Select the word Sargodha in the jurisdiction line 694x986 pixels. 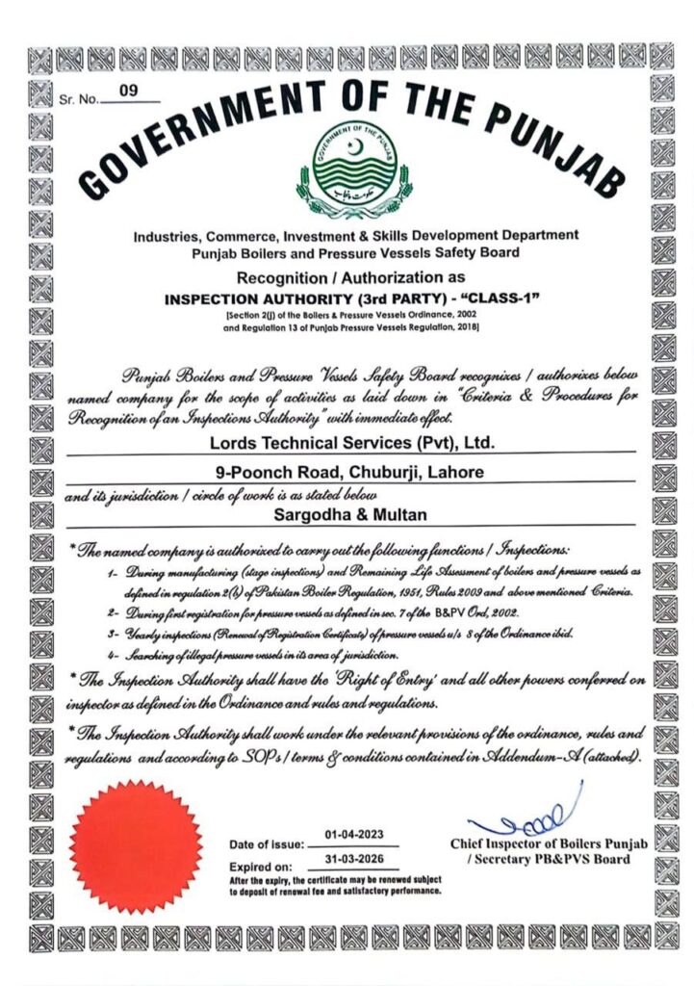click(x=288, y=516)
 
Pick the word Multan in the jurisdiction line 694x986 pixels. click(x=387, y=516)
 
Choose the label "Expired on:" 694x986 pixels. click(x=260, y=867)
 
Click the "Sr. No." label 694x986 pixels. click(x=78, y=98)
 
